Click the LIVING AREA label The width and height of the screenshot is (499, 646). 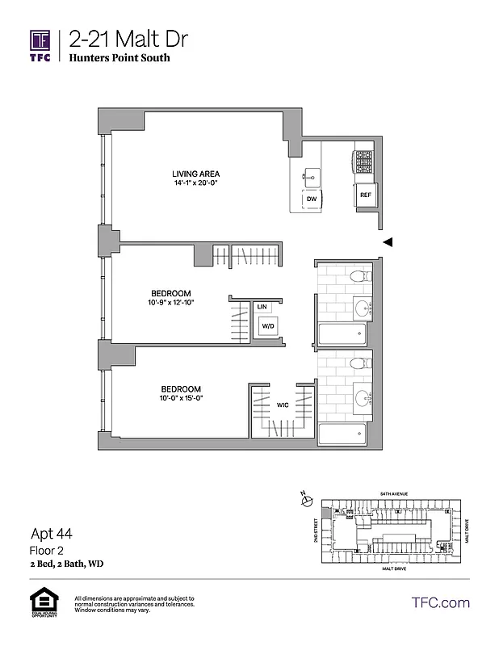click(195, 174)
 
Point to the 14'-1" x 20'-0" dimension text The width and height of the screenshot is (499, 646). click(195, 184)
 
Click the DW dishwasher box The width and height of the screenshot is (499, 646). click(311, 199)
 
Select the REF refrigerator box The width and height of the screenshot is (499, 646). click(365, 195)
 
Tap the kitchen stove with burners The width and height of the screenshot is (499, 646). click(363, 162)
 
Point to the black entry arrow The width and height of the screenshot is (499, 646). click(388, 241)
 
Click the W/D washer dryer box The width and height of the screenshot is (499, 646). click(266, 325)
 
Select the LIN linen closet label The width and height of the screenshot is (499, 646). click(262, 307)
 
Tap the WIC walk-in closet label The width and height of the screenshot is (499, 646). click(283, 405)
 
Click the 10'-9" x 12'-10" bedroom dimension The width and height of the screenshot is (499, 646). click(170, 303)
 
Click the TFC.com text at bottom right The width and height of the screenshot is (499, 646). click(440, 602)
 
